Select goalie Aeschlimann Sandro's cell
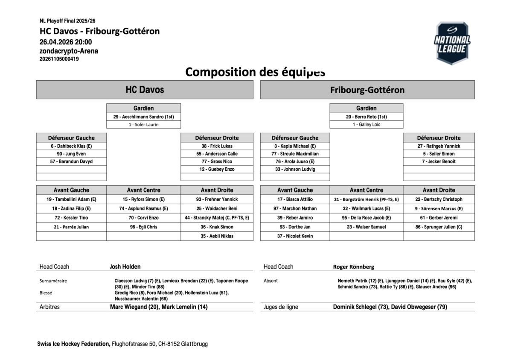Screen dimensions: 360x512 point(143,117)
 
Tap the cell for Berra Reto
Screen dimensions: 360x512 point(367,117)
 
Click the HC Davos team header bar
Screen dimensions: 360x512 point(145,90)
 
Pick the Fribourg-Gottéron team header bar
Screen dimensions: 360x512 point(367,90)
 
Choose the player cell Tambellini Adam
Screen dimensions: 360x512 point(71,199)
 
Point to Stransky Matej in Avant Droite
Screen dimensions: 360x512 point(217,218)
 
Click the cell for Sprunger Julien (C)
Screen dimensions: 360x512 point(439,227)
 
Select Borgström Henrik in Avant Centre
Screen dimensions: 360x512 point(366,199)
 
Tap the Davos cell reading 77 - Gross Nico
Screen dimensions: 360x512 point(217,161)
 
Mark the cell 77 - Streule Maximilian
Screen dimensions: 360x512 point(295,154)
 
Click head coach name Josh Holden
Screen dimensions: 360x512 point(125,266)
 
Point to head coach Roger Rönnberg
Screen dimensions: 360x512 point(353,267)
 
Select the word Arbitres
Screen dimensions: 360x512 point(49,307)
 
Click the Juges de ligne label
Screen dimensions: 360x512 point(281,307)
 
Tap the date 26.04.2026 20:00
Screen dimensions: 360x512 point(66,42)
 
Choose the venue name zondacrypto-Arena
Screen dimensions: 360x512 point(69,51)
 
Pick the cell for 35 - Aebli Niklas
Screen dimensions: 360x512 point(217,236)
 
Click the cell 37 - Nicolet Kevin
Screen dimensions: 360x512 point(295,236)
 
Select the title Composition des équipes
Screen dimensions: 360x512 point(255,72)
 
